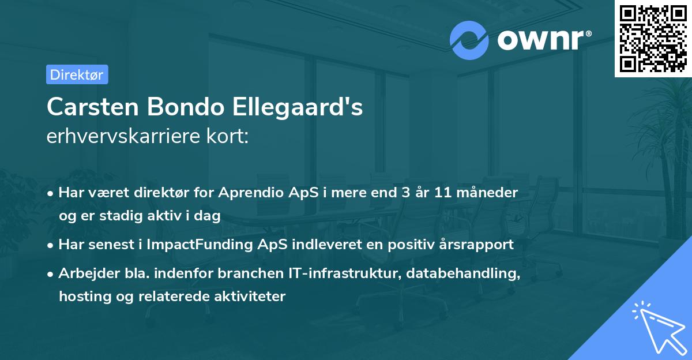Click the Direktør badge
(77, 74)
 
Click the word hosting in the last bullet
(79, 297)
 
